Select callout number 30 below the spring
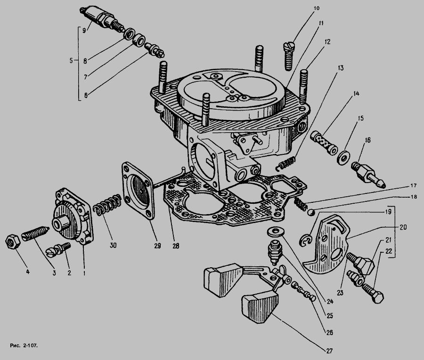pyautogui.click(x=113, y=245)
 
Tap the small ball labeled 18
pyautogui.click(x=311, y=213)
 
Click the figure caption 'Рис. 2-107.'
pyautogui.click(x=24, y=345)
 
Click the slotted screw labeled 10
pyautogui.click(x=288, y=56)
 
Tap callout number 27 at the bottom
pyautogui.click(x=329, y=351)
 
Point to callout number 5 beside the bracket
pyautogui.click(x=71, y=61)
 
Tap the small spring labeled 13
pyautogui.click(x=285, y=163)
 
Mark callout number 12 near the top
pyautogui.click(x=327, y=42)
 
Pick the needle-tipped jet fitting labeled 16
pyautogui.click(x=368, y=175)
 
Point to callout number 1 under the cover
pyautogui.click(x=84, y=273)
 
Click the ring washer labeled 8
pyautogui.click(x=130, y=33)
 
